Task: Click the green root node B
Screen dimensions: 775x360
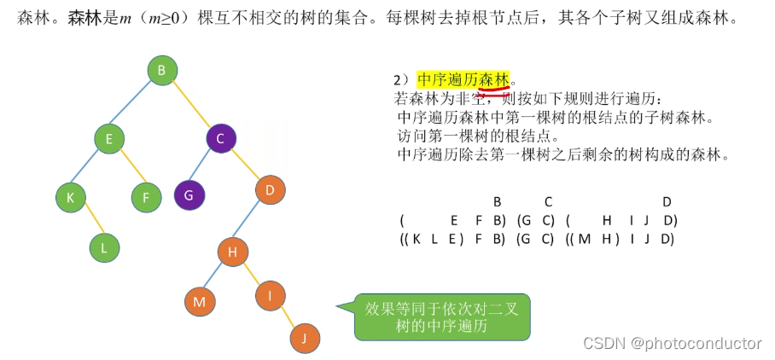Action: pyautogui.click(x=161, y=70)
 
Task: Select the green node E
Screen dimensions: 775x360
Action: pyautogui.click(x=109, y=138)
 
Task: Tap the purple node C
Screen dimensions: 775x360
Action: pyautogui.click(x=219, y=138)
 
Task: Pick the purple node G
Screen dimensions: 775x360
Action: pyautogui.click(x=189, y=195)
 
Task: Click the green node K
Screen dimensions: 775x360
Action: pyautogui.click(x=70, y=197)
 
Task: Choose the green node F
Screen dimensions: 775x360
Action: pyautogui.click(x=146, y=197)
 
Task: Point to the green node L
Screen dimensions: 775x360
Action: pyautogui.click(x=104, y=248)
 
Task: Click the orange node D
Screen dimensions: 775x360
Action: pyautogui.click(x=270, y=190)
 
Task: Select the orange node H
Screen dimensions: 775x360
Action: pyautogui.click(x=232, y=253)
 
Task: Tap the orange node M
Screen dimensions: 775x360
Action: pyautogui.click(x=199, y=300)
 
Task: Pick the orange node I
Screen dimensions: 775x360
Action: pyautogui.click(x=270, y=295)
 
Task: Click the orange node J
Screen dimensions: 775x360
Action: pyautogui.click(x=304, y=339)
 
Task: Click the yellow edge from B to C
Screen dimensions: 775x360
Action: pyautogui.click(x=191, y=105)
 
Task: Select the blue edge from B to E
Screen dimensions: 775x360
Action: pyautogui.click(x=135, y=104)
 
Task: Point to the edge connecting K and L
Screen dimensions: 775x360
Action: pyautogui.click(x=87, y=223)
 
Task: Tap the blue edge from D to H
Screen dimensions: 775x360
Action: pyautogui.click(x=251, y=221)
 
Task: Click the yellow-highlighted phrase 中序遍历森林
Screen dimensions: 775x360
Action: pyautogui.click(x=463, y=79)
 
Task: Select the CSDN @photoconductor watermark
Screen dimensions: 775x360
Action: pyautogui.click(x=672, y=343)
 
